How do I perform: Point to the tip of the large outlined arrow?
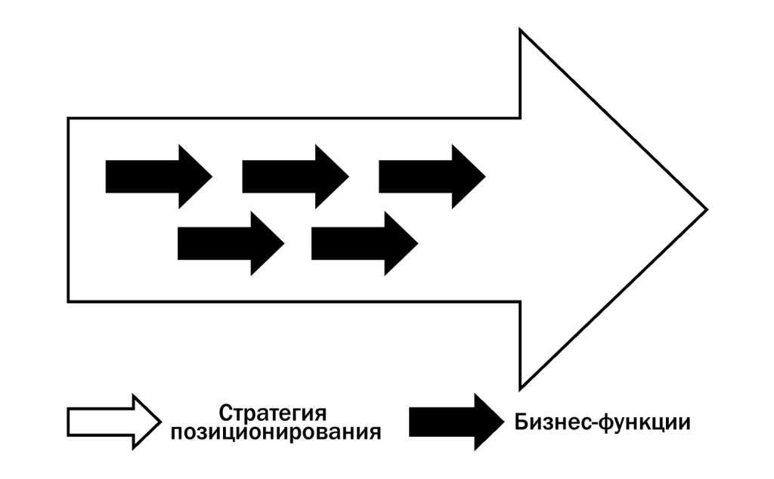pyautogui.click(x=706, y=209)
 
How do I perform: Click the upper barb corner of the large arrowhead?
pyautogui.click(x=521, y=30)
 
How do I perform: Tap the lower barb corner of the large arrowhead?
pyautogui.click(x=521, y=388)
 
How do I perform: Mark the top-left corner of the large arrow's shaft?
pyautogui.click(x=68, y=118)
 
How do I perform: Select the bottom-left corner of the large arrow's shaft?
pyautogui.click(x=68, y=301)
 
